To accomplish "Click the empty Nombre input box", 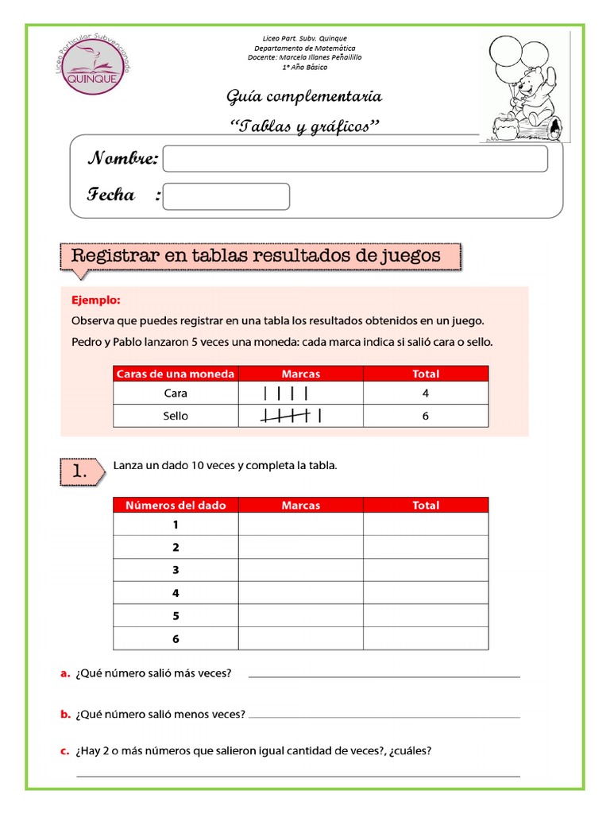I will click(x=355, y=159).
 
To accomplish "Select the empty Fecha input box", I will click(x=226, y=196).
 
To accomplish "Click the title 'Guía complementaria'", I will click(x=304, y=97).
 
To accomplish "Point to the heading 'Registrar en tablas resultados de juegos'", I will click(x=256, y=256).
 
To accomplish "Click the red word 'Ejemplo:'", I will click(x=96, y=300).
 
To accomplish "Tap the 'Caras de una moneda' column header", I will click(x=176, y=374).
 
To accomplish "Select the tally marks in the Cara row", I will click(x=285, y=393).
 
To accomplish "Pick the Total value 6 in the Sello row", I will click(x=426, y=416).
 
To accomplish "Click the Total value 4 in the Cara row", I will click(x=426, y=393).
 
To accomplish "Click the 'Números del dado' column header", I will click(x=176, y=505).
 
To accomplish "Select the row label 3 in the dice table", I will click(x=176, y=570).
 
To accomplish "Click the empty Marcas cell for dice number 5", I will click(x=301, y=616).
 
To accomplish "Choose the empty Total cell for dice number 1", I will click(x=426, y=525).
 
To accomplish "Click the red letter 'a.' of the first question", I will click(x=66, y=674).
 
